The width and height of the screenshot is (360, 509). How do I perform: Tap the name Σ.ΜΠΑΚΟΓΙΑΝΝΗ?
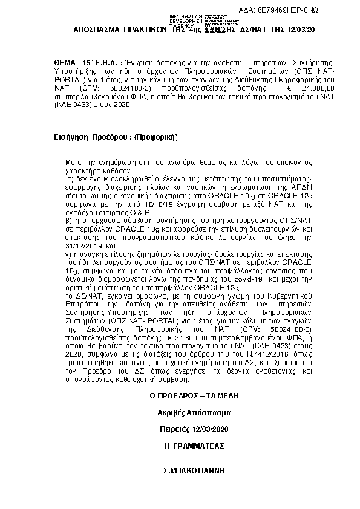(194, 469)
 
